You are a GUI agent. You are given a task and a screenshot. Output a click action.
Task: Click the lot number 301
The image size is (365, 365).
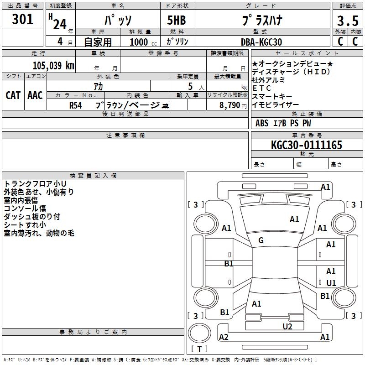point(23,19)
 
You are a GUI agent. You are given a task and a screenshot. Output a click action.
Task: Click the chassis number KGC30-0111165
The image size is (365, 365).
point(306,145)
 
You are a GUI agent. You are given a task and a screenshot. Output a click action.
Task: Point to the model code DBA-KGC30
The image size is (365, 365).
point(261,42)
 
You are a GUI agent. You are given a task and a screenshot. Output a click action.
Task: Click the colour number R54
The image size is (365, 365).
point(76,105)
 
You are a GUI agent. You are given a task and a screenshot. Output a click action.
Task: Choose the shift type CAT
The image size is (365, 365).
point(13,95)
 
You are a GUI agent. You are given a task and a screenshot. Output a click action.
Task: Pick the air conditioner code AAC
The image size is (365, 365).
point(35,95)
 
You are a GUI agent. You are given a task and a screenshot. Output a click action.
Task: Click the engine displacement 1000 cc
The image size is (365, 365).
point(142,42)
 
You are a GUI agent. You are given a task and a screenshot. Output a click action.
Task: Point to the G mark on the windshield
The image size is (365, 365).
point(261,240)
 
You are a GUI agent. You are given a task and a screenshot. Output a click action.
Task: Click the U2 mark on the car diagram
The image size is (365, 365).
point(287,326)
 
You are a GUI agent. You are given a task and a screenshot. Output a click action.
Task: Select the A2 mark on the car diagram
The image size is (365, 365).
point(224,337)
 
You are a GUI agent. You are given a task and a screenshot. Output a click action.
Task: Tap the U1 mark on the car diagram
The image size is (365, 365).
point(331,283)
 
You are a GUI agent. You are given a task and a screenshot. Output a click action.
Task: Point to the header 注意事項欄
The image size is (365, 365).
point(125,136)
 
